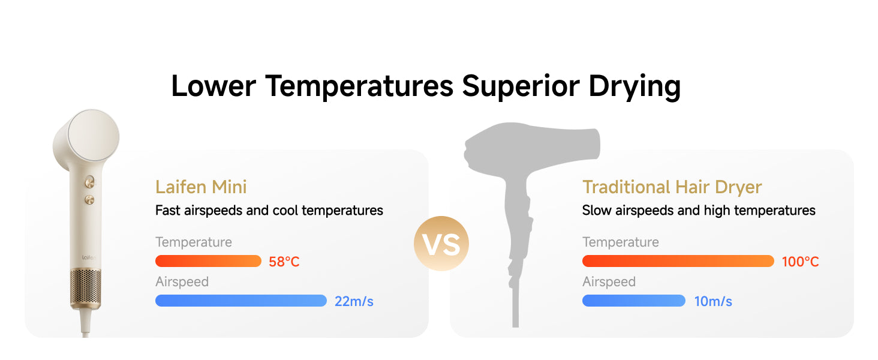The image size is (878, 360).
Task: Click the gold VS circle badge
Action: [441, 244]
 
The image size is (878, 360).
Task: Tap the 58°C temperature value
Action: [284, 262]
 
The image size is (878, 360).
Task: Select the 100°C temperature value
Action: [801, 262]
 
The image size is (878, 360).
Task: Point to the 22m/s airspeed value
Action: [354, 301]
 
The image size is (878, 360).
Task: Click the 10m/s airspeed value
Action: [713, 301]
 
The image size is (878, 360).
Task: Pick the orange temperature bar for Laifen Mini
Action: [208, 261]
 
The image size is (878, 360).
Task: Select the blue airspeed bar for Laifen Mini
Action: [241, 301]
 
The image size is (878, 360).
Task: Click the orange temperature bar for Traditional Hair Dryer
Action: [678, 261]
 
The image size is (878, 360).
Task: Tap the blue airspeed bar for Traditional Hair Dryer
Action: [634, 301]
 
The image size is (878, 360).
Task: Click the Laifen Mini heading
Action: [201, 187]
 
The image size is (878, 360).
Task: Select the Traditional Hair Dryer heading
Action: [672, 187]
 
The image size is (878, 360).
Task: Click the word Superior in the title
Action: [521, 86]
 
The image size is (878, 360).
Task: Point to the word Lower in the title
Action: [214, 86]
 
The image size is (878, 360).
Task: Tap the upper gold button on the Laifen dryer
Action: [90, 182]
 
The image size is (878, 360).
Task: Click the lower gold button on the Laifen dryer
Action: [89, 200]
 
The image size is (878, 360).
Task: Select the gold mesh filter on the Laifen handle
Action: [85, 289]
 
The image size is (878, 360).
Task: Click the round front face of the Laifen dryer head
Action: [94, 136]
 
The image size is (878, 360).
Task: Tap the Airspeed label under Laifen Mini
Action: [182, 282]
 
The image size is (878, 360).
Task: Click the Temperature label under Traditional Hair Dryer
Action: [621, 242]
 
